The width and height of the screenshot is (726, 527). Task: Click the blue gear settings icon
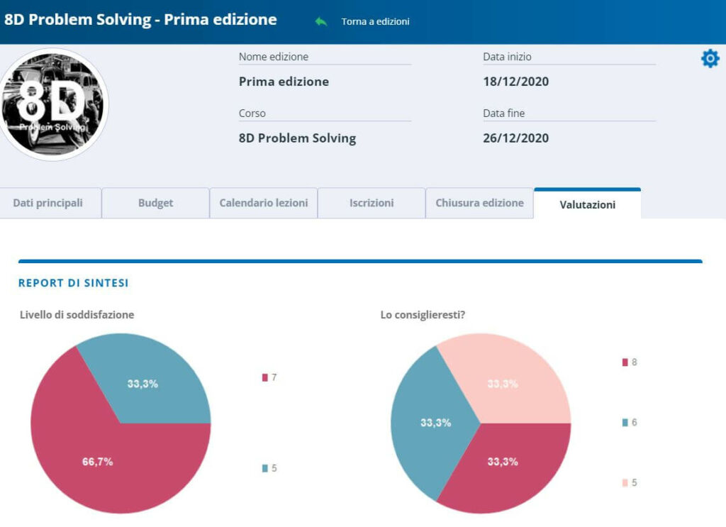click(x=710, y=59)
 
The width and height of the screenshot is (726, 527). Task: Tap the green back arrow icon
click(x=321, y=21)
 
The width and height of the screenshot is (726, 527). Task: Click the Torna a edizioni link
click(x=375, y=21)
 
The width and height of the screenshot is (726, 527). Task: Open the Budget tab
click(x=155, y=203)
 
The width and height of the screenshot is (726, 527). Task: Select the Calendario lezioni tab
click(x=264, y=203)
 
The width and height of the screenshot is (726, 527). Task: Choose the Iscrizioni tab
click(x=372, y=203)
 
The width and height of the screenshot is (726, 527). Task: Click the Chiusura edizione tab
click(x=480, y=203)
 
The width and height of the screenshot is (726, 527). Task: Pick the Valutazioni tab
click(x=588, y=204)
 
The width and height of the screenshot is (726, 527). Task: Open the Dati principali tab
click(x=48, y=203)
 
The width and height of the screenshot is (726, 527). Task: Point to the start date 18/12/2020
click(x=516, y=82)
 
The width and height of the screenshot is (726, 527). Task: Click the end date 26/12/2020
click(x=516, y=138)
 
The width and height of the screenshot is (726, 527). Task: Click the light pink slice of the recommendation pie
click(x=509, y=382)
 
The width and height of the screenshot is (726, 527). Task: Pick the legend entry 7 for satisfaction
click(x=269, y=377)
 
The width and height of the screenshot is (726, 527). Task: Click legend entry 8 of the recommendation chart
click(x=630, y=362)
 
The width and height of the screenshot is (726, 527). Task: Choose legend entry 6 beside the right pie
click(x=630, y=422)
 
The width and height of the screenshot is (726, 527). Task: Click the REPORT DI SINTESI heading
click(x=73, y=283)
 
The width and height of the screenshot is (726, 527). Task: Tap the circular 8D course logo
click(x=53, y=105)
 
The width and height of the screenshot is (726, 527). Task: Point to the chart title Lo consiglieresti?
click(x=423, y=315)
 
